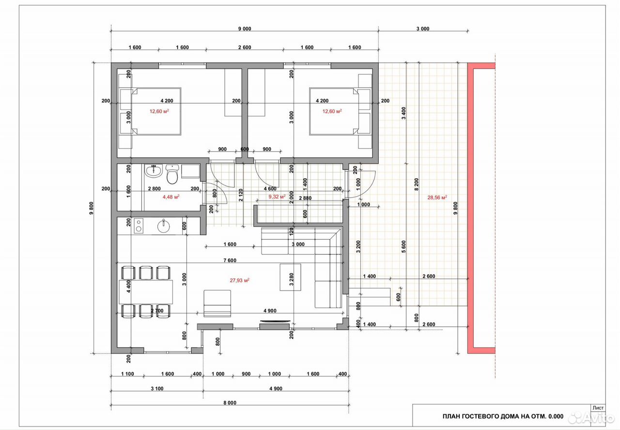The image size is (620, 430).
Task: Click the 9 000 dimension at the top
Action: [245, 29]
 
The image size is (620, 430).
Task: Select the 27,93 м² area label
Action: [239, 280]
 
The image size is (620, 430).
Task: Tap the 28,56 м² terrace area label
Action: [437, 197]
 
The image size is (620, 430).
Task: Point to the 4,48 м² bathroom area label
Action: [171, 197]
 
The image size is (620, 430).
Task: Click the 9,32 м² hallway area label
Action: [277, 197]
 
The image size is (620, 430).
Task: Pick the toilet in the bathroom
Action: [172, 174]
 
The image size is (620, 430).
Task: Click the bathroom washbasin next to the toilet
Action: [153, 171]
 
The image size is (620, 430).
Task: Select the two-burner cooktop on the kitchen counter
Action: [139, 226]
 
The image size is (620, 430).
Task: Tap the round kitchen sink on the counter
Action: [164, 227]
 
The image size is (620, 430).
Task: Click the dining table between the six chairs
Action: [146, 292]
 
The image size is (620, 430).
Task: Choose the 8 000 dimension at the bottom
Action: [230, 403]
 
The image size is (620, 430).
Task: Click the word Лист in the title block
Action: [598, 408]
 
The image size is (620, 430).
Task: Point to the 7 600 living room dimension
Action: [230, 261]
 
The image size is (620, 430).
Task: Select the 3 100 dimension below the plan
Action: [157, 388]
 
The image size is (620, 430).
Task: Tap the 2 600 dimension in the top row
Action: [245, 47]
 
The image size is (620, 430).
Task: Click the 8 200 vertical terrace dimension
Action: [417, 184]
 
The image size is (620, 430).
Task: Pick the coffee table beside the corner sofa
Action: [290, 277]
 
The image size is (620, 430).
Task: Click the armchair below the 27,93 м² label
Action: [217, 303]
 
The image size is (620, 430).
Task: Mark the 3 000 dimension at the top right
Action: [423, 29]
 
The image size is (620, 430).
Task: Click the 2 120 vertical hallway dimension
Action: [241, 195]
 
